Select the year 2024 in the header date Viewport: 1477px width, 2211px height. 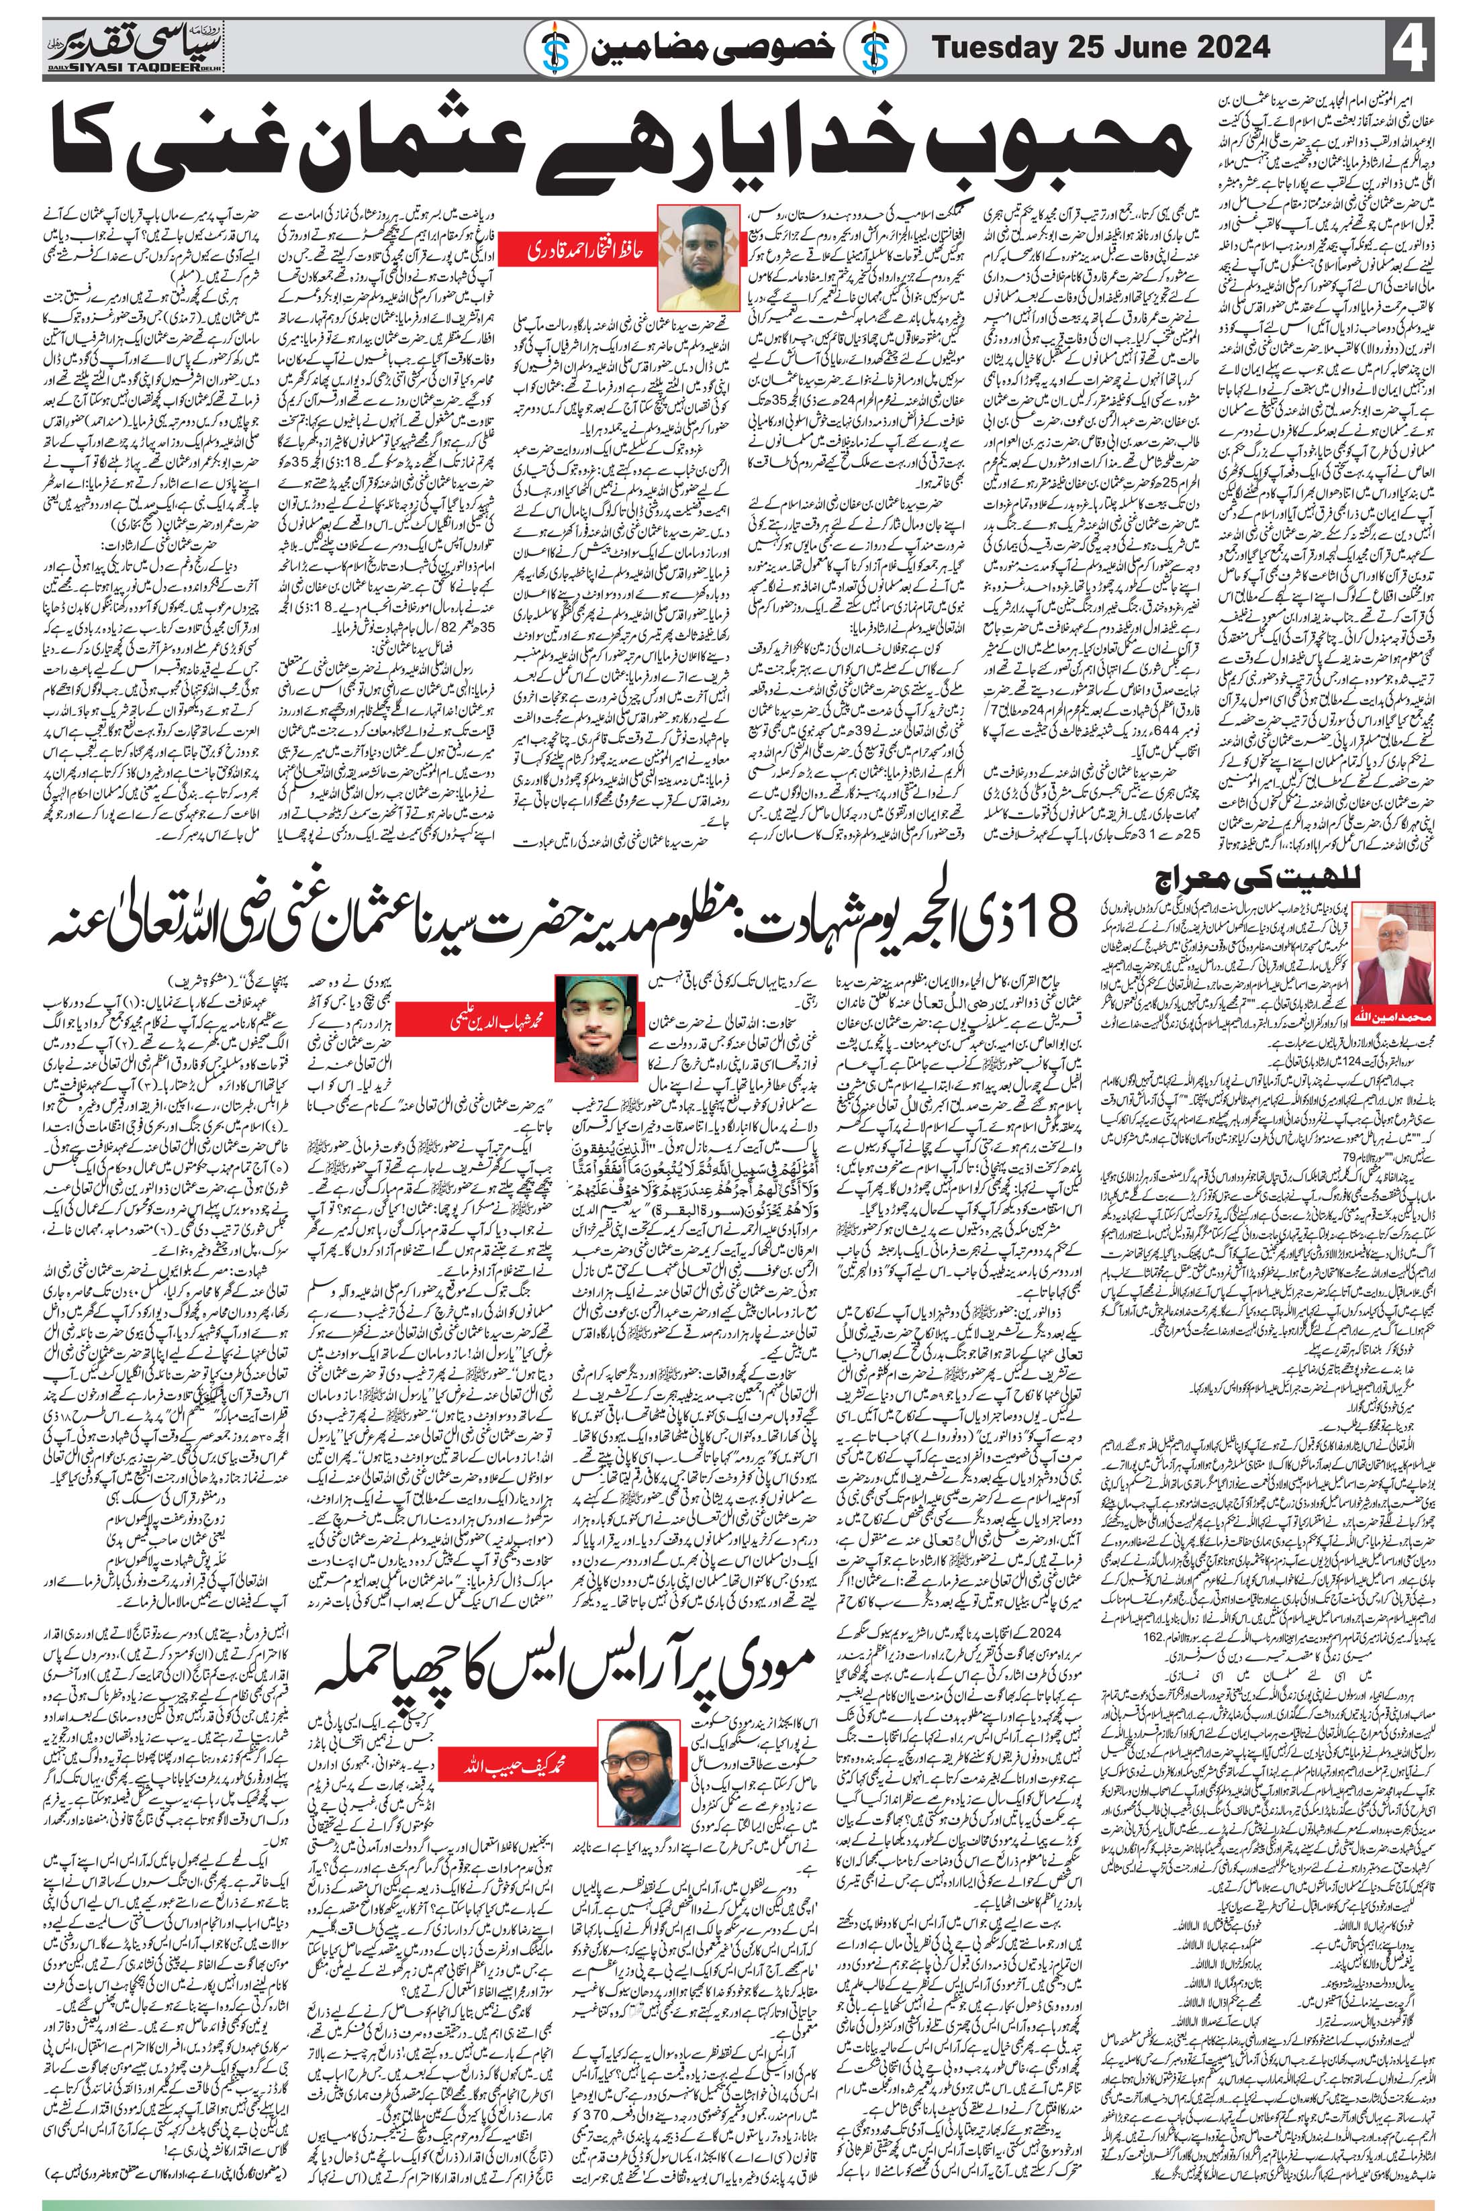click(1229, 46)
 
